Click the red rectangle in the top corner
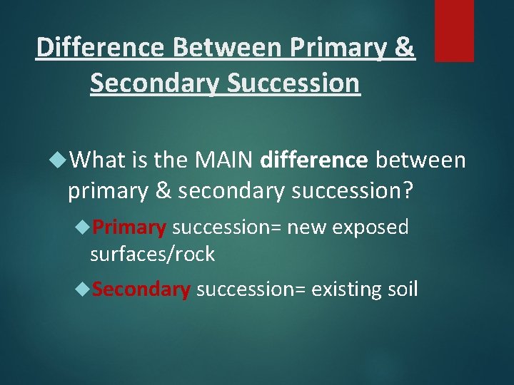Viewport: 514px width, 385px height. click(454, 30)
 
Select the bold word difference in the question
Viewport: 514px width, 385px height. click(315, 160)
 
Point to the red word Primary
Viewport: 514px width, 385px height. click(129, 227)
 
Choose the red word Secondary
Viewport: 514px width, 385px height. click(141, 289)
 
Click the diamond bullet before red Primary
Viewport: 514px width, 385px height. click(84, 228)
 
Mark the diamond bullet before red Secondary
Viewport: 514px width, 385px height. click(84, 290)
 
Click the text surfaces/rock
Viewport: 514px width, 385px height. click(152, 254)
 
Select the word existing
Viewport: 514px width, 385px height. click(346, 289)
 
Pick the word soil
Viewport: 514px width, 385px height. click(402, 289)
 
